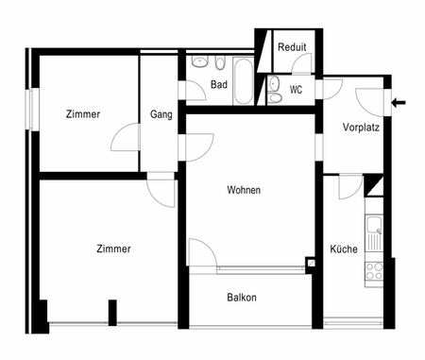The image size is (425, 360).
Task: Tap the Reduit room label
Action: tap(291, 46)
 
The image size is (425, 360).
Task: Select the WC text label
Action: tap(296, 91)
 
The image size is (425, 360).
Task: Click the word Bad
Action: tap(219, 85)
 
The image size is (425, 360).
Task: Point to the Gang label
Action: tap(161, 115)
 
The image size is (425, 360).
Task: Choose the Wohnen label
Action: tap(244, 190)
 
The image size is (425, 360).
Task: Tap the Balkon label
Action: tap(242, 298)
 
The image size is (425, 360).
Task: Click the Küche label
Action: tap(343, 249)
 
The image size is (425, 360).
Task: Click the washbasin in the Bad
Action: tap(200, 62)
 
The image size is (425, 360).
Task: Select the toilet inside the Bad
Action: tap(218, 64)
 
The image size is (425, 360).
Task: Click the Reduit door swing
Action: tap(302, 64)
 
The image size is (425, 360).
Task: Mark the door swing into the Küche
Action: tap(349, 186)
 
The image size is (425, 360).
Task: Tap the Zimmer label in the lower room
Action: tap(113, 249)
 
